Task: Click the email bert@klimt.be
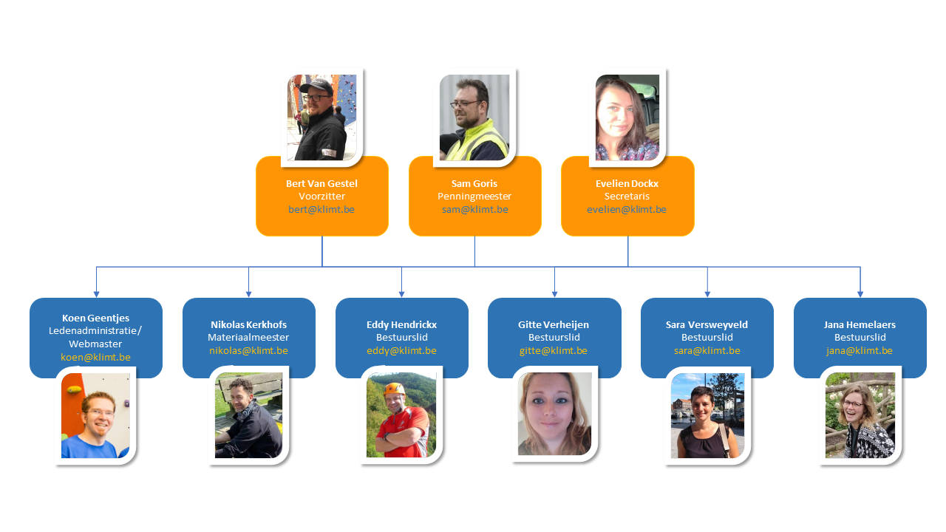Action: pos(321,210)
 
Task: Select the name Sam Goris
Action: pos(474,183)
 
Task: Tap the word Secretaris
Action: pos(627,197)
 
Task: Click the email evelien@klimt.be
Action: pos(627,210)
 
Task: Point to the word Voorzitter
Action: pos(321,197)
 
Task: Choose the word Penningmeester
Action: pos(474,197)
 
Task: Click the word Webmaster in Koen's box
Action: pos(95,344)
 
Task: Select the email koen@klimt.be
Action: pos(95,358)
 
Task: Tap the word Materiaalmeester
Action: pos(248,338)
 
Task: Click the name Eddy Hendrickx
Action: pos(401,324)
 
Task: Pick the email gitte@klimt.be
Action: pos(554,351)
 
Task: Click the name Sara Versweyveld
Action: pos(707,324)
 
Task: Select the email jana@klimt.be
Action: pos(860,351)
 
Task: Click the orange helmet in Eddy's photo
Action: pos(392,389)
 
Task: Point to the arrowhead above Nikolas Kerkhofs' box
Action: pos(248,293)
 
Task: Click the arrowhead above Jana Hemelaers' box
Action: pos(860,293)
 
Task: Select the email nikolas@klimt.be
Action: pos(248,351)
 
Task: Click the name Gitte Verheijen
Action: pos(554,324)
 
